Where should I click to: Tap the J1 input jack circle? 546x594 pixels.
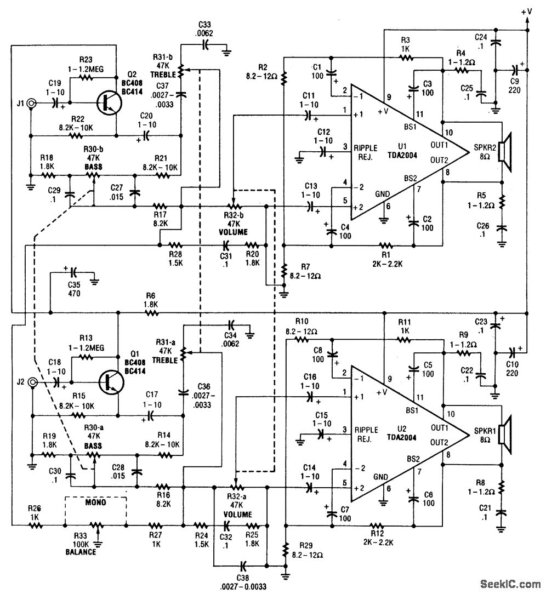[32, 102]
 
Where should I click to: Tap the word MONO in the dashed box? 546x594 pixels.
[95, 501]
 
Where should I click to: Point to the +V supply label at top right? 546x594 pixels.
[527, 10]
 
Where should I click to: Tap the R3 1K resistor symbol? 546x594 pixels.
[405, 56]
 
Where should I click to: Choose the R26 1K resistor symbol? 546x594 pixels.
[35, 525]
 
